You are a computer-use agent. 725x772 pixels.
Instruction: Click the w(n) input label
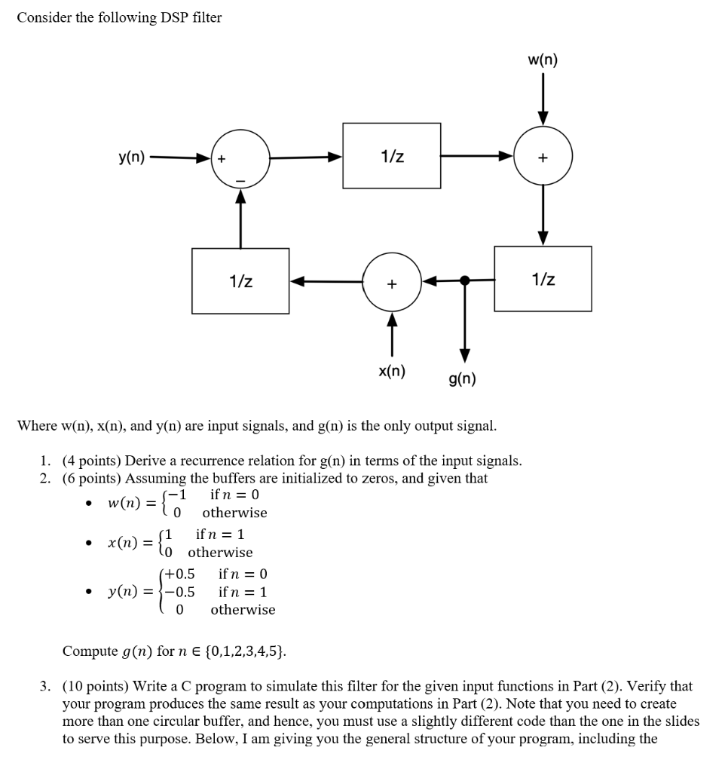[543, 60]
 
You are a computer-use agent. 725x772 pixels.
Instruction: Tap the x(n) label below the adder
[391, 370]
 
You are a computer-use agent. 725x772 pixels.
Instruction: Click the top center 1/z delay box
[392, 156]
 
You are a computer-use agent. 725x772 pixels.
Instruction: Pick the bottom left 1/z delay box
[240, 280]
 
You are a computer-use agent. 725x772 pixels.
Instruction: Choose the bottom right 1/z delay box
[543, 279]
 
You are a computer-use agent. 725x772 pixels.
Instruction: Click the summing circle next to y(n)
[240, 158]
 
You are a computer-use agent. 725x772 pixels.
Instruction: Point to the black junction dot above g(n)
[465, 280]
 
